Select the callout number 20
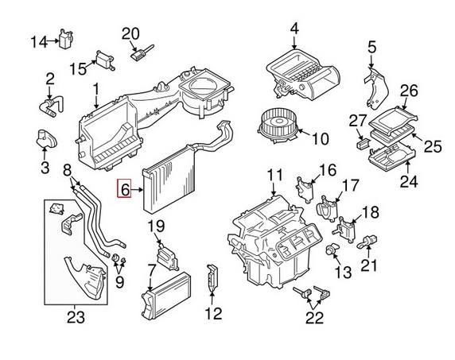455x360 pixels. (x=130, y=33)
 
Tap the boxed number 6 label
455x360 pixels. (x=125, y=190)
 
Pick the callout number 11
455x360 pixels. (x=274, y=175)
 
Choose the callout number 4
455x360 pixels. (x=294, y=30)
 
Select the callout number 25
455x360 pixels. (x=432, y=145)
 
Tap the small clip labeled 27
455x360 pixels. (x=362, y=145)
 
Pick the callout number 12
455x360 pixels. (x=212, y=313)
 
